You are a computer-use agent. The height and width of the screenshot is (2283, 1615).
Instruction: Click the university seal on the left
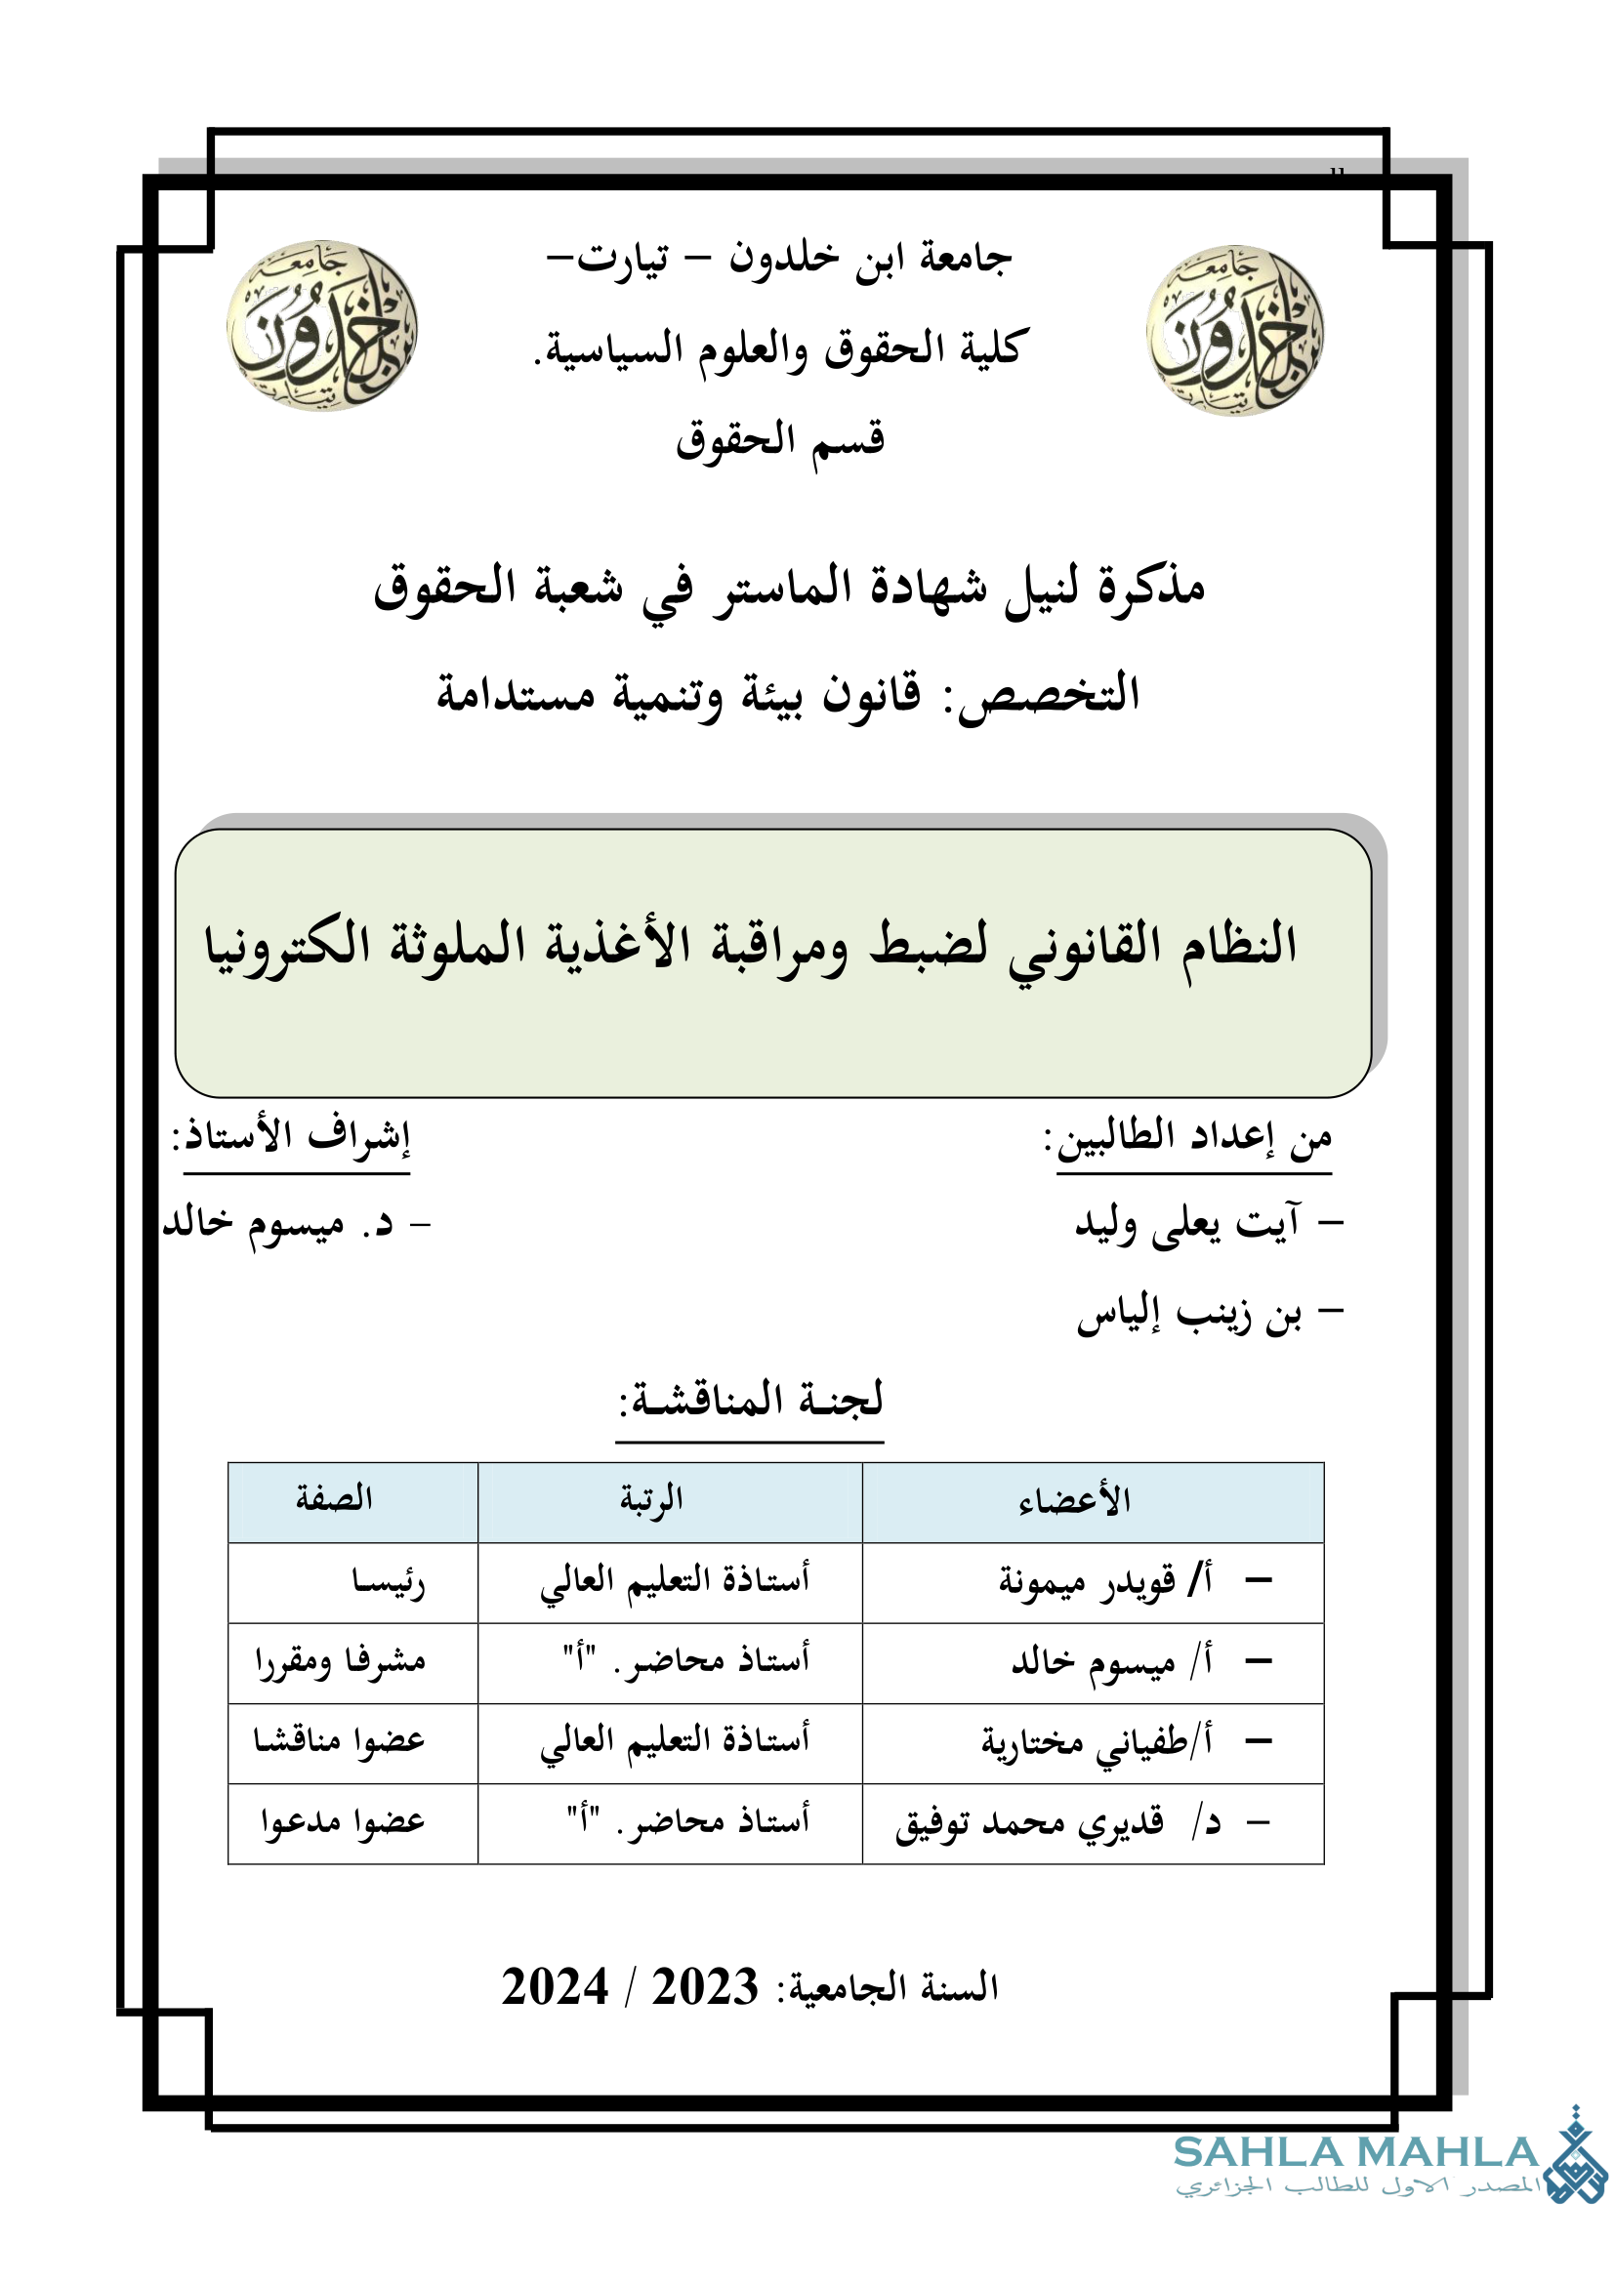click(321, 325)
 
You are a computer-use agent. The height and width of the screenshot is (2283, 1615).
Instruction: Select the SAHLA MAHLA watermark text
click(1355, 2153)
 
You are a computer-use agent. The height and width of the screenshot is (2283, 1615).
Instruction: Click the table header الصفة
click(334, 1498)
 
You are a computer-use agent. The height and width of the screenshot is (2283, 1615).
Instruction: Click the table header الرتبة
click(651, 1498)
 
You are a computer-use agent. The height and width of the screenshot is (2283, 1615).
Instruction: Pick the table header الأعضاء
click(1075, 1499)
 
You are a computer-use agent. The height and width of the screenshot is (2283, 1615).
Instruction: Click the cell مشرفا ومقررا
click(340, 1660)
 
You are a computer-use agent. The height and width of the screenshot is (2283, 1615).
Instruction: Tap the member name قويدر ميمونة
click(1086, 1581)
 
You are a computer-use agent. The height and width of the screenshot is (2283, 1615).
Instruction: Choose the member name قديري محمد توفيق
click(1028, 1822)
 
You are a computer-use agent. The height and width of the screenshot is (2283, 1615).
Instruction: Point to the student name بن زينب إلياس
click(1189, 1317)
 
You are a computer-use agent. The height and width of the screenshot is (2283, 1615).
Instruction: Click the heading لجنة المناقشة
click(751, 1400)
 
